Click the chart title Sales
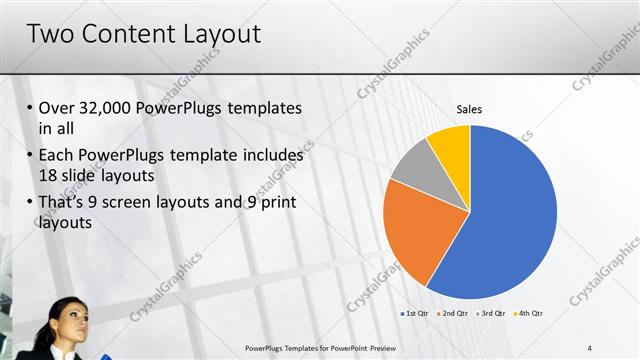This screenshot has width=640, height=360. point(470,109)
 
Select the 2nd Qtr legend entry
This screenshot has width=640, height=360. point(453,315)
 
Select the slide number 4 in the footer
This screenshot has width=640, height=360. point(590,347)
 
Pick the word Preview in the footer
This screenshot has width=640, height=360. point(392,347)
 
